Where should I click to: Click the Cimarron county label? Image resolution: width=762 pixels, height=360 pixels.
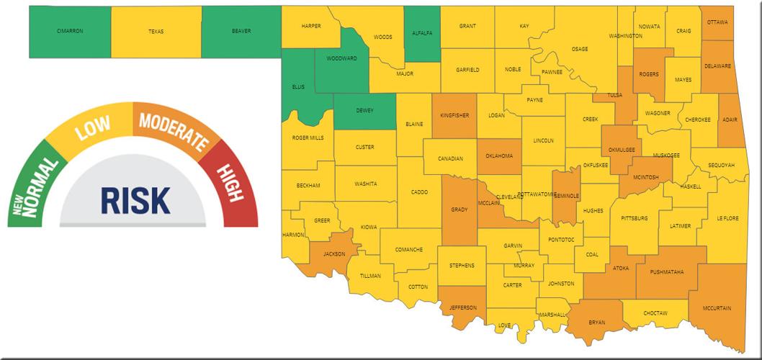click(x=70, y=32)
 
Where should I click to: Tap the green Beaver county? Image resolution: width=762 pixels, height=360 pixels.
click(x=241, y=32)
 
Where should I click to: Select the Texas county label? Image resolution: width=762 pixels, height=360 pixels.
click(x=156, y=32)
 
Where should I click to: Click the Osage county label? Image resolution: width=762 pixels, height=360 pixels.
click(x=580, y=49)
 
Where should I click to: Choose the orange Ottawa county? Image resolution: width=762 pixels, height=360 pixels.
click(x=717, y=22)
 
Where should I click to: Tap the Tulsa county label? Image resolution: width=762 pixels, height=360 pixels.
click(x=615, y=94)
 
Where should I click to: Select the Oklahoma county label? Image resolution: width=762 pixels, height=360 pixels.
click(x=499, y=156)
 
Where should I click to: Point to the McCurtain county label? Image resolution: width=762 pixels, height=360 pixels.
click(x=717, y=308)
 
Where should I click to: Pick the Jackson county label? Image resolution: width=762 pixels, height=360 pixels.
click(x=334, y=254)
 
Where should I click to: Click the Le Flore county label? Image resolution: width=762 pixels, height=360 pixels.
click(x=727, y=217)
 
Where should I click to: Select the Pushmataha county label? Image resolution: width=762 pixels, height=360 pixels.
click(x=666, y=271)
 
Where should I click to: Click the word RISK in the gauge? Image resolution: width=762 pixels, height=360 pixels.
click(x=135, y=199)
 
